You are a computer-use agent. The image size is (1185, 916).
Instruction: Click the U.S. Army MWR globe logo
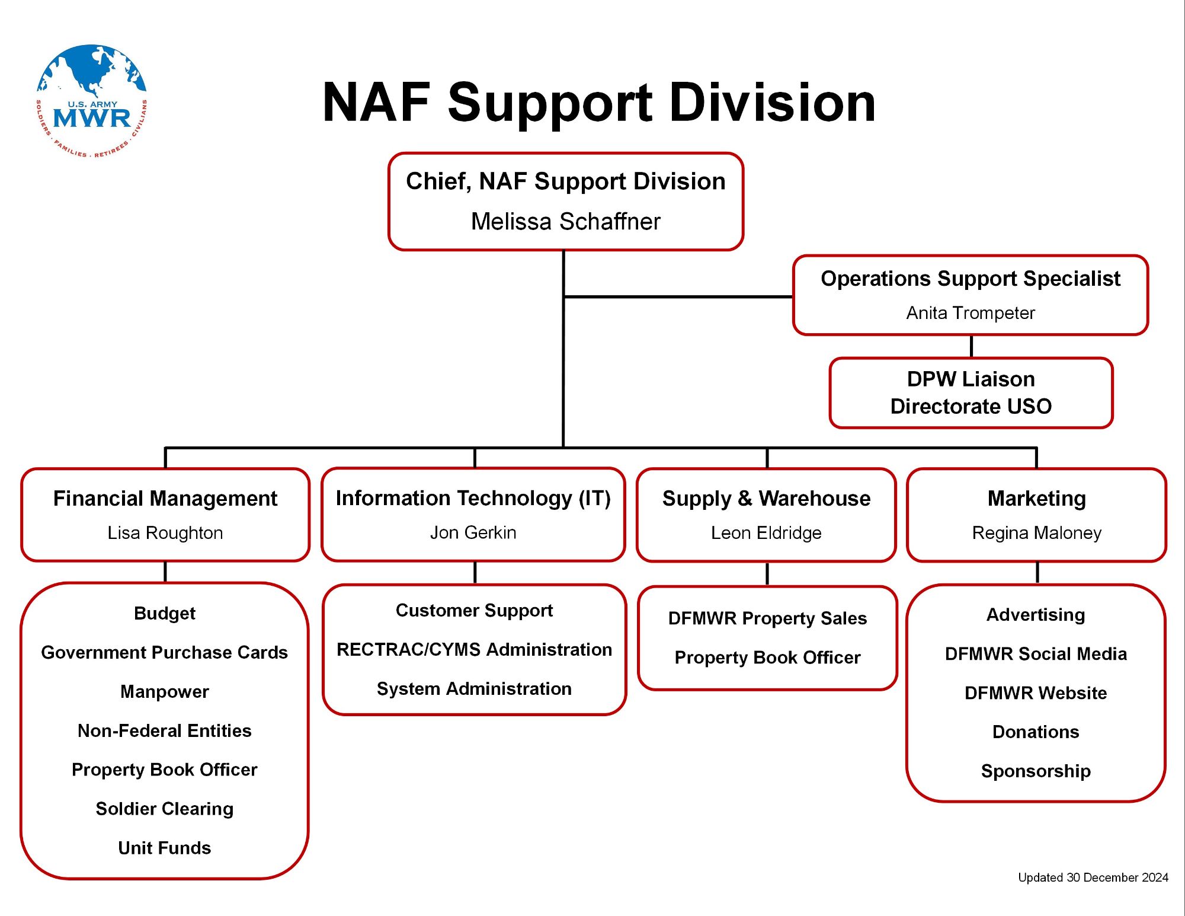point(92,101)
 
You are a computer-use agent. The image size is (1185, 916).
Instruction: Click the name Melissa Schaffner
point(565,222)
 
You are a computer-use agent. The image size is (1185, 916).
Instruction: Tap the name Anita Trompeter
point(971,313)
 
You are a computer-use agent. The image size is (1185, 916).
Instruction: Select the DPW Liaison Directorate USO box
point(971,392)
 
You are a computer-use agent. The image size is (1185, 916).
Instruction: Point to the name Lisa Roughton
point(165,533)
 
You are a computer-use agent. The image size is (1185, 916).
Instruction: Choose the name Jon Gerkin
point(473,532)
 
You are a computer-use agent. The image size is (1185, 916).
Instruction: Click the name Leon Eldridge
point(766,533)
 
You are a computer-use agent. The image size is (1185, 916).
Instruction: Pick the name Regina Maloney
point(1036,533)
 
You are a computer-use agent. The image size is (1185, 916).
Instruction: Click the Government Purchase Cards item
point(164,652)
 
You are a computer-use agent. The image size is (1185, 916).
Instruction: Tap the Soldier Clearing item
point(164,809)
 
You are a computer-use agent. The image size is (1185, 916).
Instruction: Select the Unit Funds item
point(164,848)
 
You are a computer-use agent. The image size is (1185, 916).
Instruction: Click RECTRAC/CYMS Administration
point(474,650)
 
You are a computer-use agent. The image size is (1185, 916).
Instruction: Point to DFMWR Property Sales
point(767,618)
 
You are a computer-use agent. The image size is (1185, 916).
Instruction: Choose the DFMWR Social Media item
point(1036,654)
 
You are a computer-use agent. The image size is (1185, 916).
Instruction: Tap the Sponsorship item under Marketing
point(1036,771)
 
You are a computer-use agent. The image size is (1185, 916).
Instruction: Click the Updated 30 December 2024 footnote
point(1093,877)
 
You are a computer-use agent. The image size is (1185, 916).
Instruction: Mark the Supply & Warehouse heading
point(766,499)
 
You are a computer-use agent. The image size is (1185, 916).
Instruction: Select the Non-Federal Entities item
point(164,730)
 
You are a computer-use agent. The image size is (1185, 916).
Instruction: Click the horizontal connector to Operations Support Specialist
point(678,296)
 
